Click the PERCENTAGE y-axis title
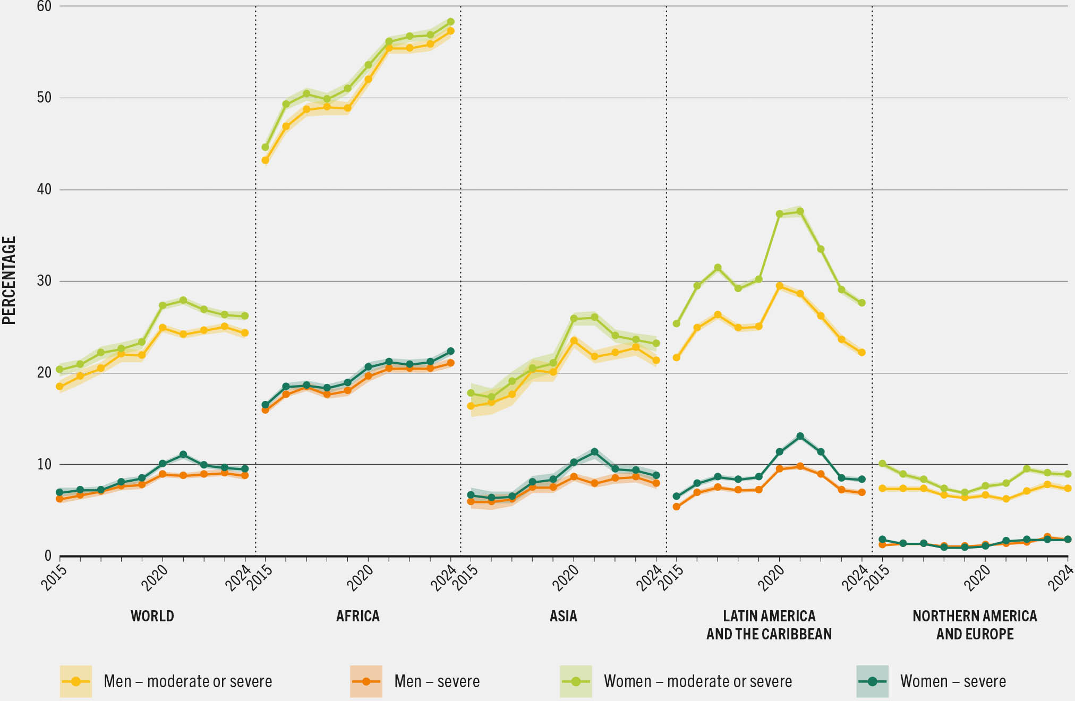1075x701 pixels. (9, 280)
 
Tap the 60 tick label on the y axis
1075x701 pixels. (44, 6)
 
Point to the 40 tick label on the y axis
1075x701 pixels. (44, 190)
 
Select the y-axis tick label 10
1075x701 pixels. (44, 464)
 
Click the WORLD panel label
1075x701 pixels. (152, 616)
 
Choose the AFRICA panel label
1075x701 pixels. (357, 616)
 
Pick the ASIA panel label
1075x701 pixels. (563, 616)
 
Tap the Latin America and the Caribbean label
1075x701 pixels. (769, 625)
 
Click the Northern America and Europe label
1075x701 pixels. (975, 625)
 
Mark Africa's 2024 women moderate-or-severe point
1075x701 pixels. (450, 22)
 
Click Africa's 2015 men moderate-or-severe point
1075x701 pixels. (265, 160)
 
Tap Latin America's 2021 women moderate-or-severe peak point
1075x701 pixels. (800, 211)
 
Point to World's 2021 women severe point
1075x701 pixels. (183, 455)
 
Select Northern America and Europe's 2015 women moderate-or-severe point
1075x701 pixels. (882, 464)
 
